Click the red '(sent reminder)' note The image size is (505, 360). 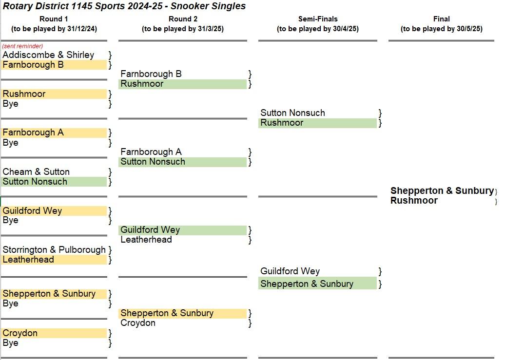(x=22, y=46)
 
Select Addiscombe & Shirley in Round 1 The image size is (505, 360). (x=48, y=55)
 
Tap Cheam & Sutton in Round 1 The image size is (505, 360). (x=36, y=171)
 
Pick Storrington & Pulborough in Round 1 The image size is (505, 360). (x=54, y=249)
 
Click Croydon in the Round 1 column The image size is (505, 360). (x=20, y=333)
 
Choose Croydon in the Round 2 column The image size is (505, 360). (x=138, y=323)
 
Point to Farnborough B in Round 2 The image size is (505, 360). (x=151, y=74)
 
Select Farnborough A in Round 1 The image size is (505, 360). (x=33, y=133)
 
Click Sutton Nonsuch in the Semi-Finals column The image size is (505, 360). (x=293, y=113)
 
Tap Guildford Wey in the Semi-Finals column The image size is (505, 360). (x=290, y=271)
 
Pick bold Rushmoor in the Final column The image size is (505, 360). (x=414, y=200)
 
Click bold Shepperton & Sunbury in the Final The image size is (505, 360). (x=442, y=190)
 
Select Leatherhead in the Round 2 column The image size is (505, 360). (x=146, y=240)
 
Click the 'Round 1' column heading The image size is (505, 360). (x=54, y=19)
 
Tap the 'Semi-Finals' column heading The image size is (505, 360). (x=318, y=19)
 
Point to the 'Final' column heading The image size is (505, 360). (x=442, y=19)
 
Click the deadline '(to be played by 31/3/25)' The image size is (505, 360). (x=183, y=29)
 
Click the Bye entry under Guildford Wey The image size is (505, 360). (x=10, y=220)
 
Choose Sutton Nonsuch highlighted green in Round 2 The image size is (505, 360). (x=153, y=162)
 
